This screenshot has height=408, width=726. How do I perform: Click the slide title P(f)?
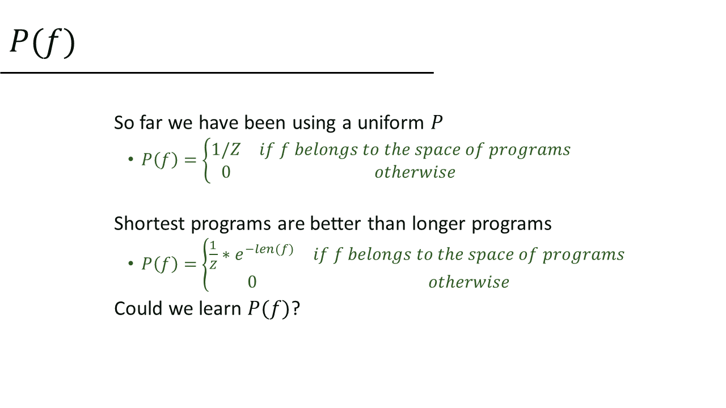click(43, 43)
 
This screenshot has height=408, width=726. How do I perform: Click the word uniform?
click(391, 123)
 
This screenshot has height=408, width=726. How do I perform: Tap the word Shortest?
click(149, 223)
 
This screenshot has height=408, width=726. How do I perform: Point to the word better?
click(335, 223)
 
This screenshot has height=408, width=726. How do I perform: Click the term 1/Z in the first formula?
click(226, 150)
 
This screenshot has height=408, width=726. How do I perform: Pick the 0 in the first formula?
click(226, 172)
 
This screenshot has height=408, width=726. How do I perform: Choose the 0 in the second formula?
click(252, 282)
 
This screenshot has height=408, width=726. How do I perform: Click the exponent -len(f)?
click(269, 250)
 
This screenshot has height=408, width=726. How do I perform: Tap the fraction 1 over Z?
click(213, 255)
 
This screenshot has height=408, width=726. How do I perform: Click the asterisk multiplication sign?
click(226, 256)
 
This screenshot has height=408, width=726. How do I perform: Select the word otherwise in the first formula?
click(415, 172)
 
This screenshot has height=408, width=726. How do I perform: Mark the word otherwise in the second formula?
click(468, 282)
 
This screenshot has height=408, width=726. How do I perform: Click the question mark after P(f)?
click(296, 309)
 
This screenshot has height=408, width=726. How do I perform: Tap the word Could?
click(138, 308)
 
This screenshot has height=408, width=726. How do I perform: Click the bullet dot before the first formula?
click(130, 159)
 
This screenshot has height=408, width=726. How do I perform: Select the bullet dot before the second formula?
click(130, 263)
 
